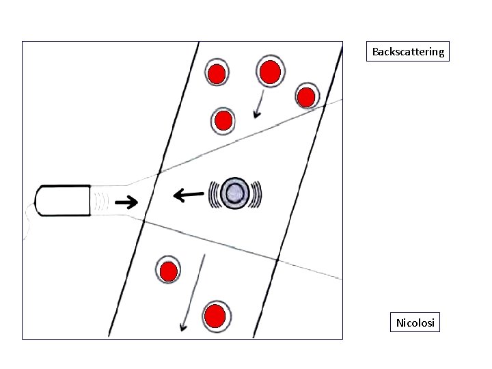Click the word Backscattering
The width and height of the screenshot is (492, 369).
(408, 51)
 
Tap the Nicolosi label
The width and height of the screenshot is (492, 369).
(415, 322)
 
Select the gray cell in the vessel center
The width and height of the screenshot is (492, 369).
(236, 193)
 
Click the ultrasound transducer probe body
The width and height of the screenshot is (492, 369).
(64, 200)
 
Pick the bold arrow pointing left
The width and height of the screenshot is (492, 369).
(188, 196)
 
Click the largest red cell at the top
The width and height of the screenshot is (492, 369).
(270, 71)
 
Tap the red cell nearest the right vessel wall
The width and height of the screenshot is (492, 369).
(307, 97)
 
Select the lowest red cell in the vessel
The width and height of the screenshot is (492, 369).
(215, 316)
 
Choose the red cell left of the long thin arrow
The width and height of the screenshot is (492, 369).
(168, 271)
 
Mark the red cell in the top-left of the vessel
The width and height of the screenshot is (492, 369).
(217, 74)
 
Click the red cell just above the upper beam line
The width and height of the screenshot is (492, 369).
(223, 122)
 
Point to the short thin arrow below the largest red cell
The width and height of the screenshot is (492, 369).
(259, 105)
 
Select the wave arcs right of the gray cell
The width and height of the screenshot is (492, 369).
(257, 193)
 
